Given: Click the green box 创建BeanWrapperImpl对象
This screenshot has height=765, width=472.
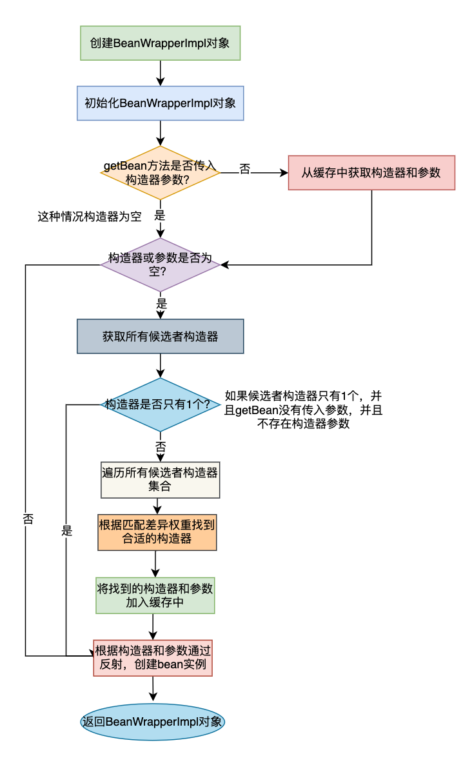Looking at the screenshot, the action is [x=161, y=43].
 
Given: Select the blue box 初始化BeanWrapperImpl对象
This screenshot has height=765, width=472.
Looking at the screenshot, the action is [x=161, y=103].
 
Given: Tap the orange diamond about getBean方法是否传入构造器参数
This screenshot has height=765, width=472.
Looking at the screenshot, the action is [x=161, y=173].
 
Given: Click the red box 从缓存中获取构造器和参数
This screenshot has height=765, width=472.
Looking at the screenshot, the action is [x=371, y=173].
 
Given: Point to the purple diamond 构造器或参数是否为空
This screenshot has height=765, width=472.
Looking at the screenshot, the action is [x=161, y=265].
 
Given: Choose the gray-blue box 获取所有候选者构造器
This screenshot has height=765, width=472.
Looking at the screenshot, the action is [x=161, y=336].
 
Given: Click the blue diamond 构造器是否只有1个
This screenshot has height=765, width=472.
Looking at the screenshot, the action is [x=161, y=404].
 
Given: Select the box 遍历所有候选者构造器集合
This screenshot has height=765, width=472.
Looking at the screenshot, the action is [x=161, y=480].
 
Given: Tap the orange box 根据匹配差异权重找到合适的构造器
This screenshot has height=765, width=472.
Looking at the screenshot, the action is [x=157, y=532].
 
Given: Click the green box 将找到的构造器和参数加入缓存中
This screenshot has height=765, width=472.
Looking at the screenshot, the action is [x=155, y=596].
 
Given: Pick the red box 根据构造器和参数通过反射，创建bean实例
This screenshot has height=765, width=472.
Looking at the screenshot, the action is [x=153, y=658].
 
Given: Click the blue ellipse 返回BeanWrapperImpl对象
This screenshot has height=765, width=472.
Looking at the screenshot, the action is [x=153, y=722].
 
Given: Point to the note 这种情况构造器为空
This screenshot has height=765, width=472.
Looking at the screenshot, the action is [x=90, y=217].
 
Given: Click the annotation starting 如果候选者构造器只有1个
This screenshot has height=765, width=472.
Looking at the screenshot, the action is [x=303, y=410].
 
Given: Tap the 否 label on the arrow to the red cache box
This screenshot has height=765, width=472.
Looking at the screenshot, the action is [x=245, y=169].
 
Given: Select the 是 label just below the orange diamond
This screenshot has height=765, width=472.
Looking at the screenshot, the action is [x=160, y=215].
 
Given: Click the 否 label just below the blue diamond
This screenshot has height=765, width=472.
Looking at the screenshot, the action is [x=161, y=446].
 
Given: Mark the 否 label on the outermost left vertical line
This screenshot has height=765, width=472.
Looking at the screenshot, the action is [x=28, y=519].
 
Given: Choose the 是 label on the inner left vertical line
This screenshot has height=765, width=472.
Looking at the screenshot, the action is [x=67, y=531].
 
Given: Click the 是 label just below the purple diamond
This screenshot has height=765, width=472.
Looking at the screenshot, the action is [x=161, y=304].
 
